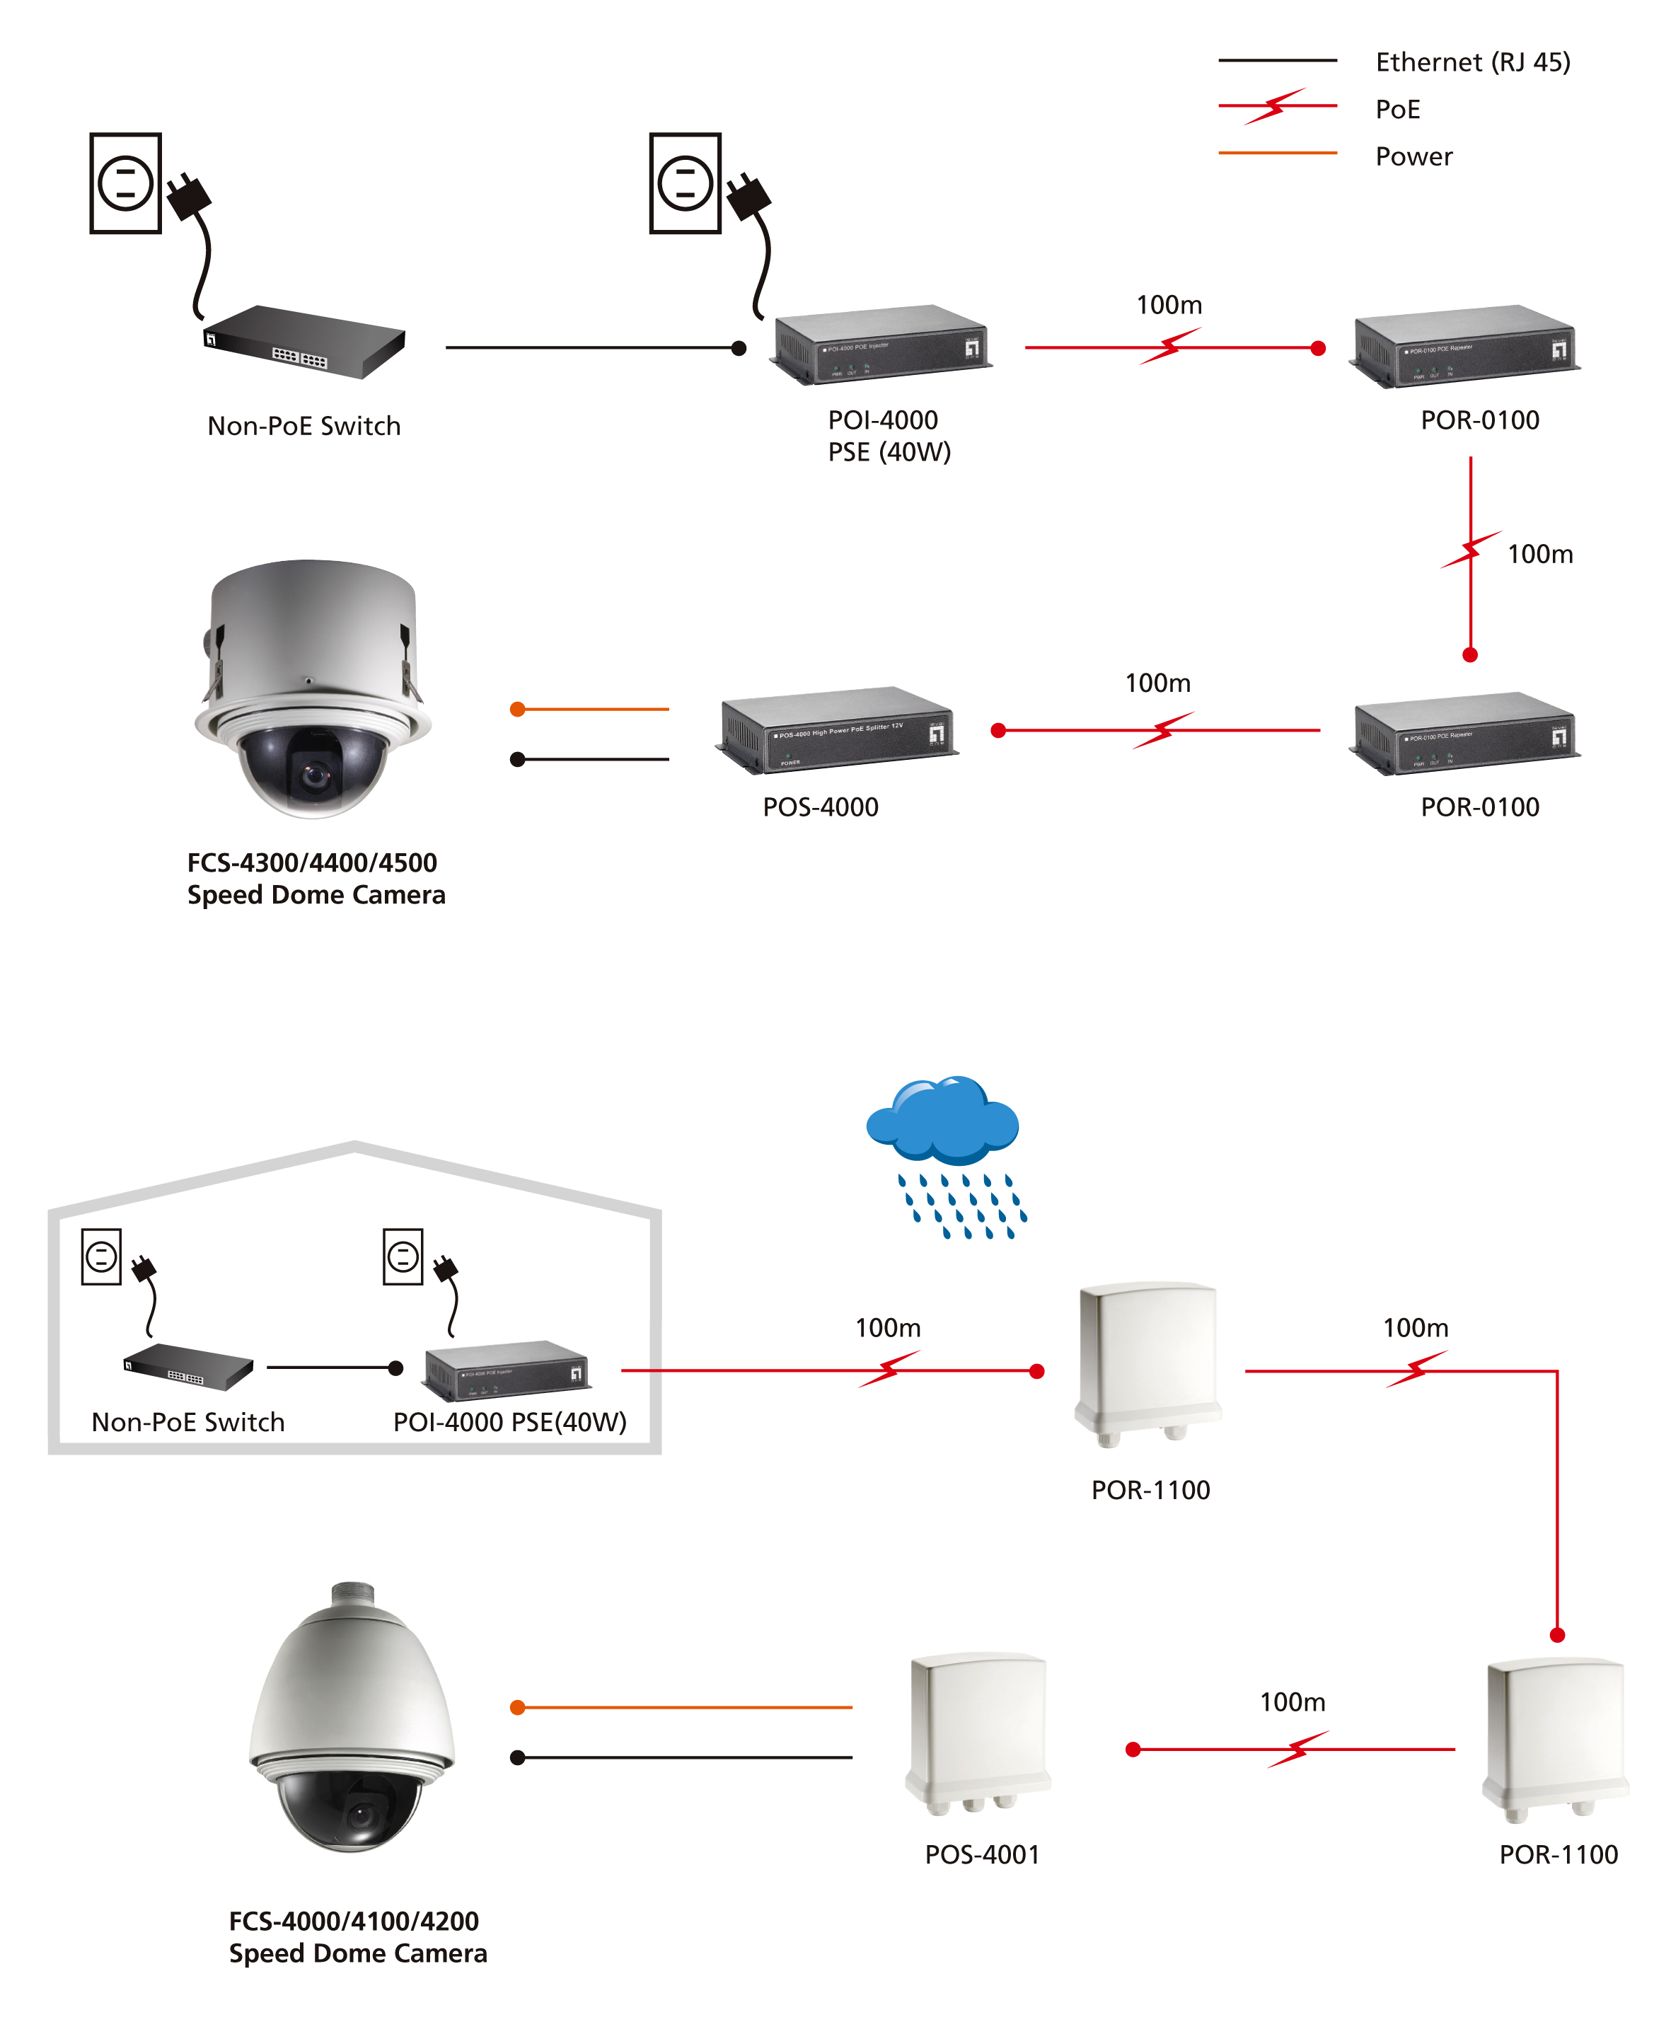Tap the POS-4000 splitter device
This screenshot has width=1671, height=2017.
(x=835, y=730)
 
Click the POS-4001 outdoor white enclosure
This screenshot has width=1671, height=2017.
(x=978, y=1729)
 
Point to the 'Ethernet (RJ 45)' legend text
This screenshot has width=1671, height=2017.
(x=1472, y=62)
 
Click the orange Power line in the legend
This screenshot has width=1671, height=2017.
(x=1276, y=153)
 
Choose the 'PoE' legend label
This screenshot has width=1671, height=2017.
(x=1397, y=110)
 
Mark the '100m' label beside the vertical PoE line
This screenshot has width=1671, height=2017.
(x=1539, y=554)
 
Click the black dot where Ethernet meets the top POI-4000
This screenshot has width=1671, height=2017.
(x=739, y=347)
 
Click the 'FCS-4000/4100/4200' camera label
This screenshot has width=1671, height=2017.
(x=354, y=1921)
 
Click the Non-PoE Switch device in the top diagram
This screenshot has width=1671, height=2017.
(x=304, y=342)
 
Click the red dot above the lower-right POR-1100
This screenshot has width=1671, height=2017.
(x=1556, y=1635)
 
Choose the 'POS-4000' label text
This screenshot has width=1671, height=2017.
(x=820, y=807)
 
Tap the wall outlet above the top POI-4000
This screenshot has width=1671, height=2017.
(x=685, y=183)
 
